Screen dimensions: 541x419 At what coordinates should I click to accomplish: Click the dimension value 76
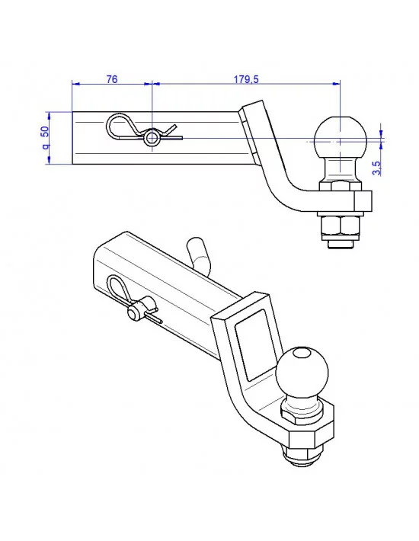[111, 79]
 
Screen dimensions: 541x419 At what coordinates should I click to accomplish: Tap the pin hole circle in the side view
[153, 138]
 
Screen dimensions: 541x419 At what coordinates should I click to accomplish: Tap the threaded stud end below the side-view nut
[339, 244]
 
